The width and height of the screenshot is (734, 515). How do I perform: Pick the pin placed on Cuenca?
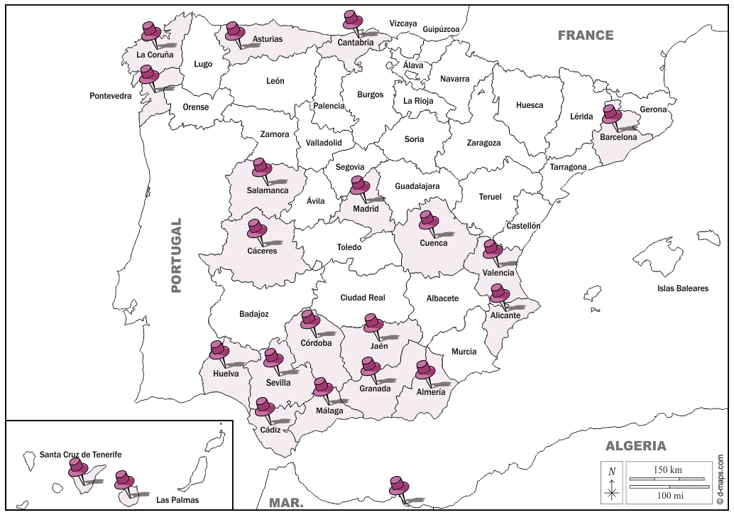[429, 219]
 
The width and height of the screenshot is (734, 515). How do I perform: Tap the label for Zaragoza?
[483, 143]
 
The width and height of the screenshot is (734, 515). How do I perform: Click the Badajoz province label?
[253, 314]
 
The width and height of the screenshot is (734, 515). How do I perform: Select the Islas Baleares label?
[682, 288]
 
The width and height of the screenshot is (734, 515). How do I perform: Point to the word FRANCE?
[585, 36]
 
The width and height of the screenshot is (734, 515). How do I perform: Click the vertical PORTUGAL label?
[177, 255]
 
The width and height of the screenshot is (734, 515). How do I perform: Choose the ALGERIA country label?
[635, 446]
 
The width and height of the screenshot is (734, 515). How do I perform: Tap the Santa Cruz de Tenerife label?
[80, 455]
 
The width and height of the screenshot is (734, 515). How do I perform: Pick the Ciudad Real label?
[362, 298]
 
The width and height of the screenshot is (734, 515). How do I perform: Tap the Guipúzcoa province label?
[441, 29]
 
